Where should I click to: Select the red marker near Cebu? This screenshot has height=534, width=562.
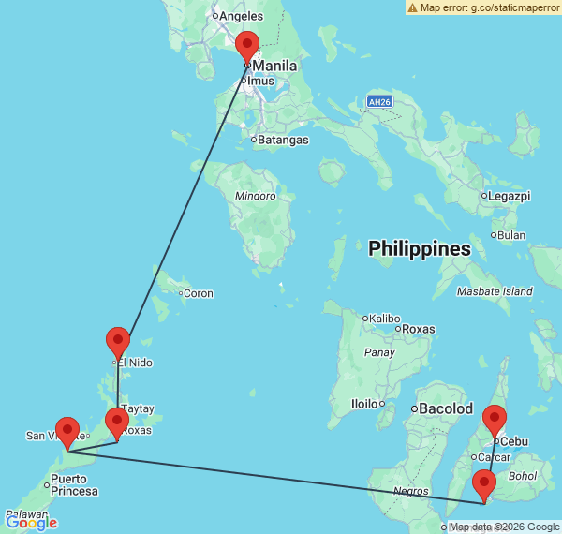point(495,421)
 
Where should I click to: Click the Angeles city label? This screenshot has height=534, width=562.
point(242,15)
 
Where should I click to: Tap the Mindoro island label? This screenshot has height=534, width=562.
point(255,196)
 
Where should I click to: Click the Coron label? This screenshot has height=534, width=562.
point(199,293)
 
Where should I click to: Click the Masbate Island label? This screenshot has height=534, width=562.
point(494,291)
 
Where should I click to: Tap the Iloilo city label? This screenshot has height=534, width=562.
point(364,404)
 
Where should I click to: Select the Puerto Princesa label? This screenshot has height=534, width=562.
point(75,485)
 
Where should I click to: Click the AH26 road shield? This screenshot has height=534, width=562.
point(378,101)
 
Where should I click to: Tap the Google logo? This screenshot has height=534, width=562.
point(32,522)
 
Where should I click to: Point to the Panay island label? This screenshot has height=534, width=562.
point(378,353)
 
